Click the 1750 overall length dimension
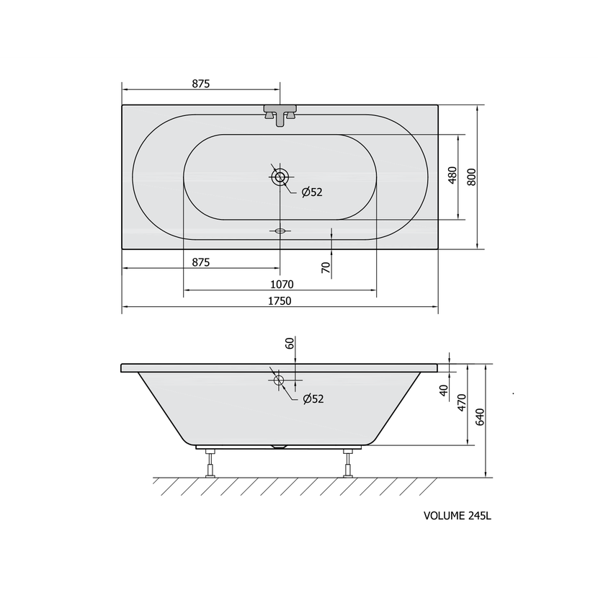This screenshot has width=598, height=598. (x=280, y=301)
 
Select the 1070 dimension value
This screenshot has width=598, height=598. (x=282, y=285)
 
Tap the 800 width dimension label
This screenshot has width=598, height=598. (x=472, y=177)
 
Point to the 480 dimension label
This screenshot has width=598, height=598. (x=452, y=175)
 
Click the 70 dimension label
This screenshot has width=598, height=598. (x=326, y=268)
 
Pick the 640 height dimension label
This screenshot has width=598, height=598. (x=480, y=417)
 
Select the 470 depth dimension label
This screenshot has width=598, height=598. (x=461, y=403)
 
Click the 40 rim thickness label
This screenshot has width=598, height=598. (x=444, y=391)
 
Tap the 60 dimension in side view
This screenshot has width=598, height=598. (x=290, y=343)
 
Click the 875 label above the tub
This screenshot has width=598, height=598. (x=200, y=84)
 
